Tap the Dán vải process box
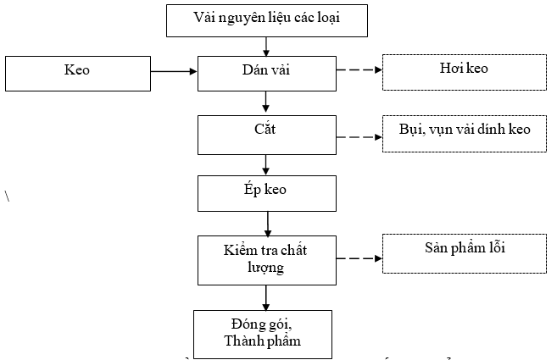(267, 72)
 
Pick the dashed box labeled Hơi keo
(463, 71)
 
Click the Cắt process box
(266, 134)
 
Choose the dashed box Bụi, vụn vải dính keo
(463, 133)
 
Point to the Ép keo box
(266, 192)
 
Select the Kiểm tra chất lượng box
(266, 259)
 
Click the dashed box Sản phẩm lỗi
(463, 253)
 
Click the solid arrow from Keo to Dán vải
(173, 72)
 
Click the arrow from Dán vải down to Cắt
(266, 102)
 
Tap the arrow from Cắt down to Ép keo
(266, 163)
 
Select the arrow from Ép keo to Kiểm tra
(267, 223)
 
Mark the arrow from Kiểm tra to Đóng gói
(266, 297)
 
